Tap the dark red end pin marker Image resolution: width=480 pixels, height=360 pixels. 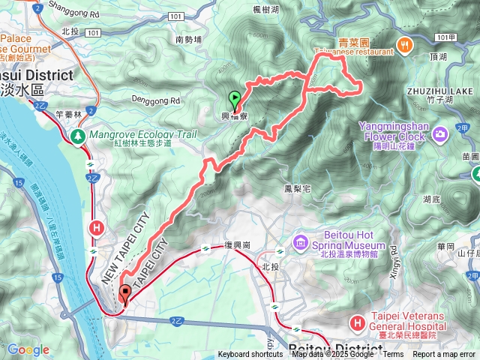tap(124, 294)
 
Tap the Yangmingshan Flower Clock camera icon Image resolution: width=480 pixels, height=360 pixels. tap(439, 133)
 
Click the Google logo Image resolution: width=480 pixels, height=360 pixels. tap(28, 349)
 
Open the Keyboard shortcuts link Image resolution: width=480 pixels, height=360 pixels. tap(250, 355)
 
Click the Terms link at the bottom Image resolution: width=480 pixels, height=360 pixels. tap(393, 355)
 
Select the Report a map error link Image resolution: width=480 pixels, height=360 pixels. tap(444, 355)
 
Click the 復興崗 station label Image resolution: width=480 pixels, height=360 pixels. tap(238, 245)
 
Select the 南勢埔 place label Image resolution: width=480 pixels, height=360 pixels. tap(189, 39)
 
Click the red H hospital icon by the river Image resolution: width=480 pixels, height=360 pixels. tap(96, 227)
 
